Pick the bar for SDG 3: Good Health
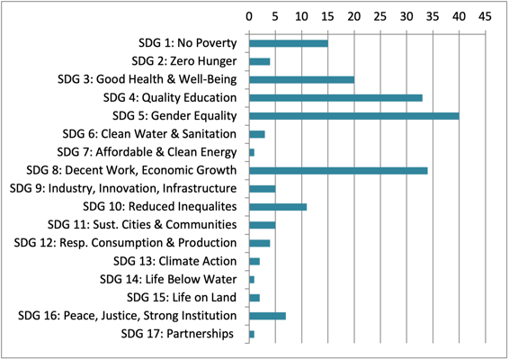[301, 79]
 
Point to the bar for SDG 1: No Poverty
[288, 42]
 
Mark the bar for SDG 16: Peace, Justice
[267, 316]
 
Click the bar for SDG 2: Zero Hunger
[259, 61]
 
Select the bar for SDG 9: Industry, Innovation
[262, 188]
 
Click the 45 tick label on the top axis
[485, 16]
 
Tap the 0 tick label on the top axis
[248, 16]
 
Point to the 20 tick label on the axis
[353, 16]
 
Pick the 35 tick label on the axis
[433, 16]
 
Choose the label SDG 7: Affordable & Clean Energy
[147, 152]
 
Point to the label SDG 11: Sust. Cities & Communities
[141, 225]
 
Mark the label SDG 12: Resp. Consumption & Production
[126, 243]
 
